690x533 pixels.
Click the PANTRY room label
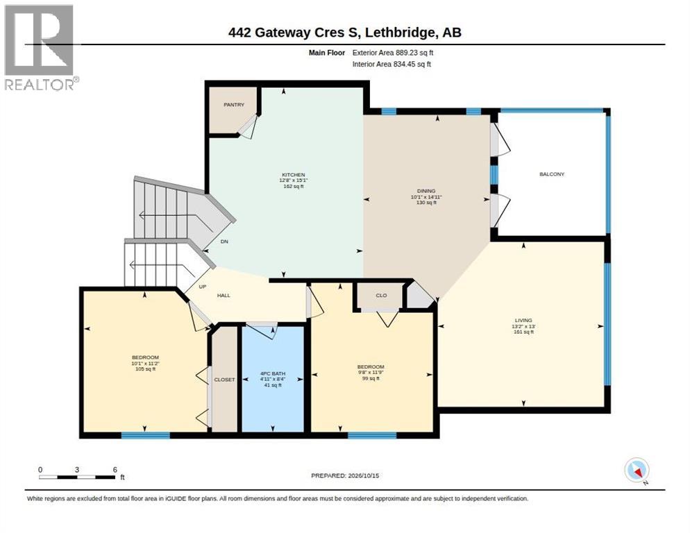[234, 105]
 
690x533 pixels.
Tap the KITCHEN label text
[293, 175]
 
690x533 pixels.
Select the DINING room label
[426, 191]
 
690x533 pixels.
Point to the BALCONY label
[552, 174]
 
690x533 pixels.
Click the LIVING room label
[523, 321]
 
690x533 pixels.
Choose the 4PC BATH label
[273, 373]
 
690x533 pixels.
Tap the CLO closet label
[382, 296]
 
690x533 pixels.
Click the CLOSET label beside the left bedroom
[224, 380]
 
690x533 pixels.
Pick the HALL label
[224, 296]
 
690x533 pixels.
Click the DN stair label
[224, 242]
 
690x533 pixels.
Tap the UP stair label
[203, 287]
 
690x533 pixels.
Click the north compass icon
[637, 471]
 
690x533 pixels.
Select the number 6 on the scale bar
[115, 470]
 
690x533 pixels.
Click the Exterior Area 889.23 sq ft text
[393, 52]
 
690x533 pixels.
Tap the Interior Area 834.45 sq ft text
[392, 64]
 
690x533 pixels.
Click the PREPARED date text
[345, 475]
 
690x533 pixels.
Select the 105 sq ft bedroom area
[145, 369]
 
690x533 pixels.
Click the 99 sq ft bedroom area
[371, 378]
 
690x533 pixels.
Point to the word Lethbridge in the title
[400, 33]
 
